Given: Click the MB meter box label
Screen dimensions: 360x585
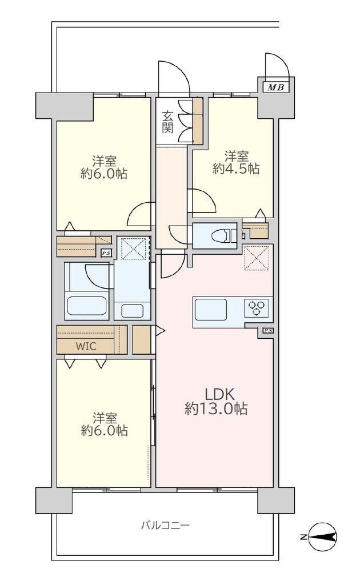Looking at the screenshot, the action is point(276,87).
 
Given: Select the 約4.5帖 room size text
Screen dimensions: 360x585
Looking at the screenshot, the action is point(236,169).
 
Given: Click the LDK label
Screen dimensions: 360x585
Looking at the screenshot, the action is point(219,394).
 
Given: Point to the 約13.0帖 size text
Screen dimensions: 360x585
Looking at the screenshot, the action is point(215,409).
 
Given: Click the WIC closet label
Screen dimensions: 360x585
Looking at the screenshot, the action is point(86,346).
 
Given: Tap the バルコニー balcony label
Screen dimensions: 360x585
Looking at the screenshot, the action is point(165,526).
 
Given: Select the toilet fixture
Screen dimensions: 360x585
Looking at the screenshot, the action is point(223,236).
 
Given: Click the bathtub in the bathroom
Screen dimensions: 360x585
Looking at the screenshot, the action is point(87,306).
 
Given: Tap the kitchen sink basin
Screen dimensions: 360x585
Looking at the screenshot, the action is point(211,309).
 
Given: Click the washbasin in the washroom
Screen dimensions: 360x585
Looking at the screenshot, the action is point(132,311).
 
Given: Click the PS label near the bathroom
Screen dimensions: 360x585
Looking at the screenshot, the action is point(106,253).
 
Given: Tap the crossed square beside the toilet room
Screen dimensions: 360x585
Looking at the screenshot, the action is point(256,257).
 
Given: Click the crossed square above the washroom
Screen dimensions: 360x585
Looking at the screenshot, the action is point(134,249).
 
